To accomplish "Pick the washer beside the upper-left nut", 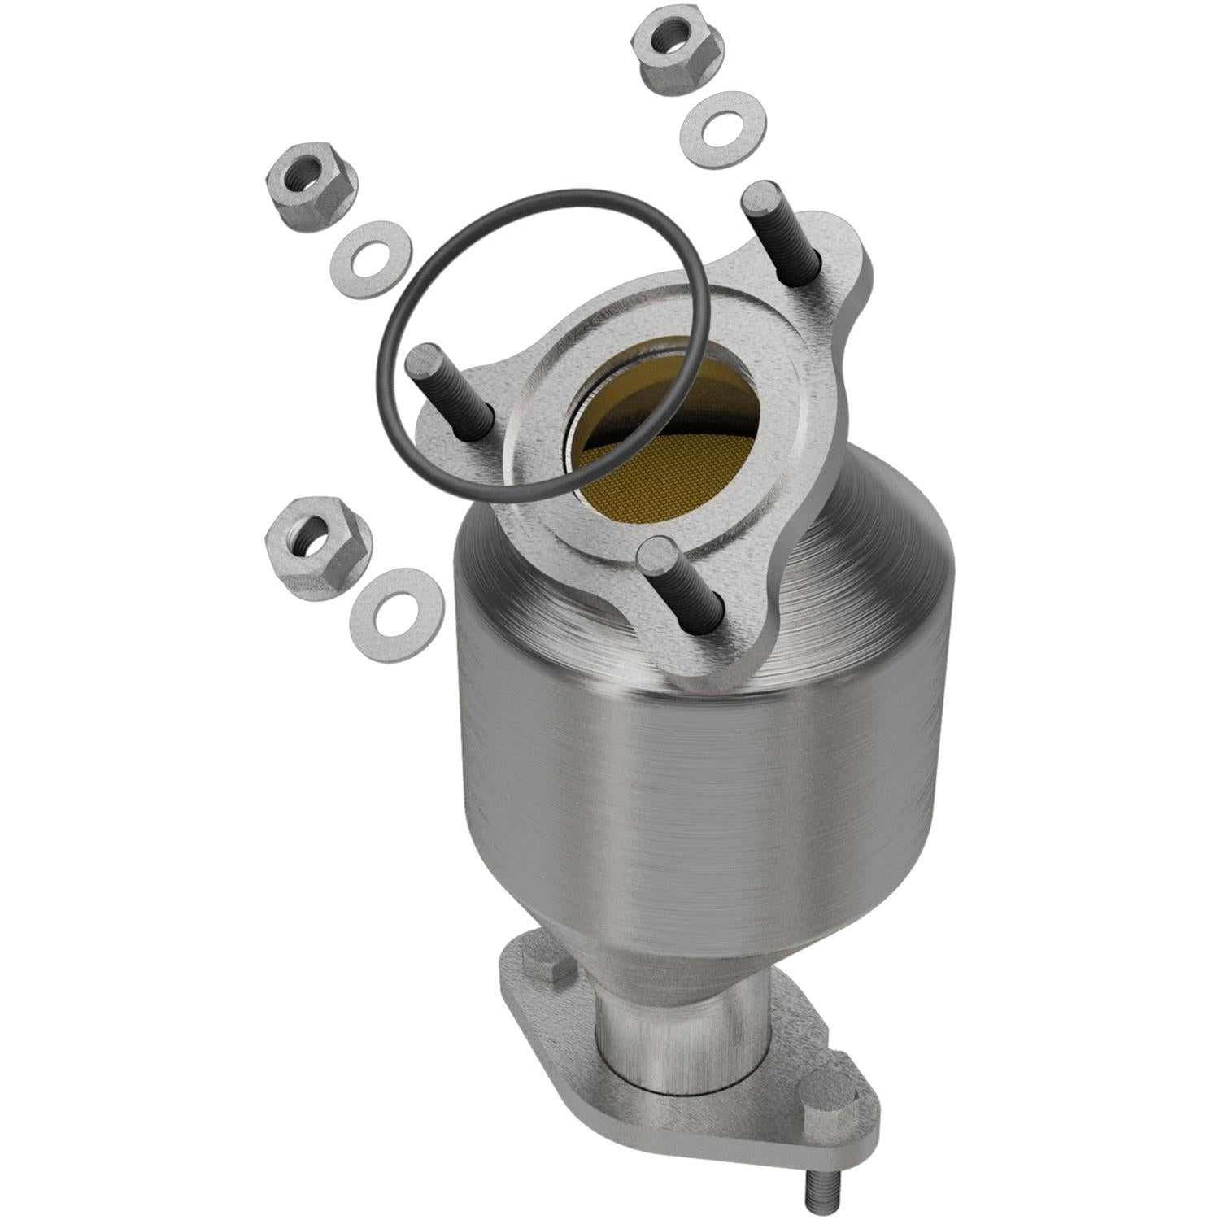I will click(371, 259).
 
